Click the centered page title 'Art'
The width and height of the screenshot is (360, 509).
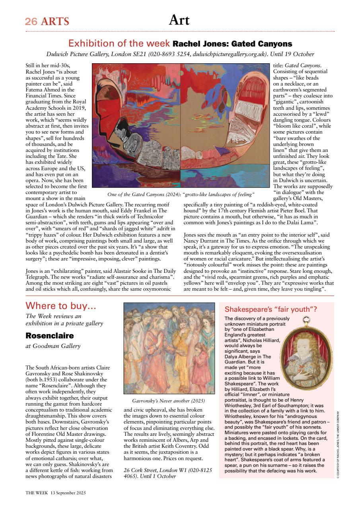179,20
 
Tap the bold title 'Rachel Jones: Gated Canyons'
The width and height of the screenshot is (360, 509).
232,43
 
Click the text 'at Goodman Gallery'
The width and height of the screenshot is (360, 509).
53,346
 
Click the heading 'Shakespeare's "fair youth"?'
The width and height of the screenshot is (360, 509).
270,309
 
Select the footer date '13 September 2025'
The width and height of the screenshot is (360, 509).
68,492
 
